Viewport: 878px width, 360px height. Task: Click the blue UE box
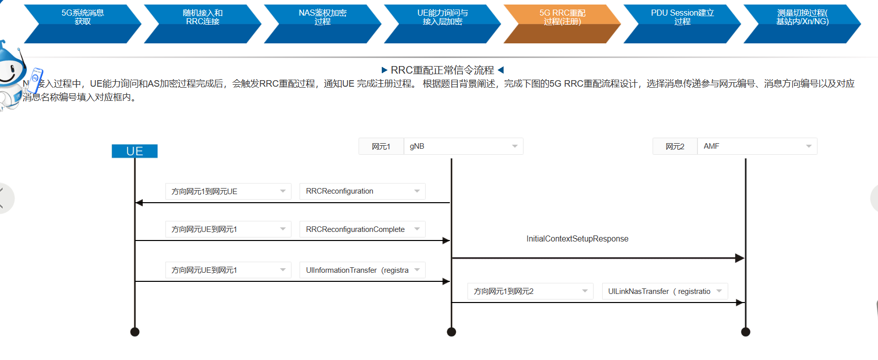click(135, 151)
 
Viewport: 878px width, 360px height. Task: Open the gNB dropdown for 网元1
click(463, 146)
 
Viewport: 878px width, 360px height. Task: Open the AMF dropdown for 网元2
click(756, 146)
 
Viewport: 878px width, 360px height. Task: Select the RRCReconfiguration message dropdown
click(362, 191)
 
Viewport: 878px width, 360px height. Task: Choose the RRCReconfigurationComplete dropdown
click(362, 229)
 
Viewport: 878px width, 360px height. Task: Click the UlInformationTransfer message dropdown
click(362, 270)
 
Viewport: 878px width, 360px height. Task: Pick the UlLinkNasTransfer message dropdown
click(665, 291)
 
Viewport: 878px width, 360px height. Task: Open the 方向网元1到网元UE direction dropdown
click(228, 192)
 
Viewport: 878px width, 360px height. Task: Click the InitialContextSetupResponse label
click(577, 239)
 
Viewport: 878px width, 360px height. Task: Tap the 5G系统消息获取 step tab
click(83, 18)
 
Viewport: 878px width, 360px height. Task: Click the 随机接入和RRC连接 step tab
click(203, 18)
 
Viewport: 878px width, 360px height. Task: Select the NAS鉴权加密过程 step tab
click(323, 18)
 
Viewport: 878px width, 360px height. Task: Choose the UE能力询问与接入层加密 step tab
click(442, 18)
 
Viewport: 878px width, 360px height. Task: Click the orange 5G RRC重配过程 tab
click(562, 18)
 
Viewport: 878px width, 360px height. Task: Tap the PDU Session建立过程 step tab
click(682, 18)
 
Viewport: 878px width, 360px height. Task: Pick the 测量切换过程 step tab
click(802, 18)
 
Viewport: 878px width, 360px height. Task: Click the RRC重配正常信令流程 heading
click(442, 70)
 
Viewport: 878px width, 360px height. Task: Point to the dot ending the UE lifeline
click(135, 332)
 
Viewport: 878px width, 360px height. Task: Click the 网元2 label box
click(675, 147)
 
